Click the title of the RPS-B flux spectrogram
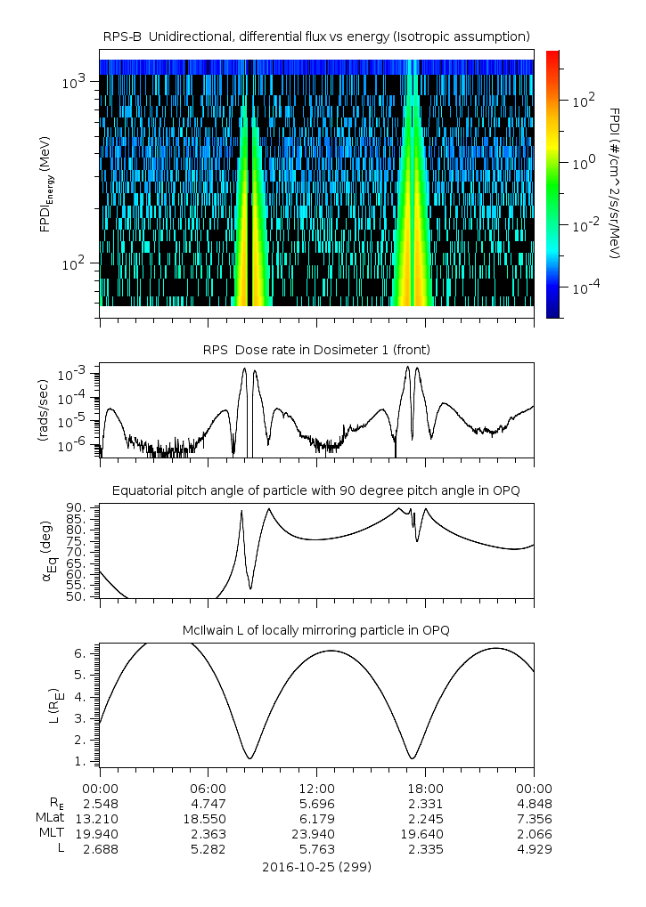point(316,36)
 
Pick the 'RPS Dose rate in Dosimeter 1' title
point(316,349)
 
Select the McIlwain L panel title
point(316,630)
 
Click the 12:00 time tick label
point(316,788)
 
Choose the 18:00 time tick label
point(425,788)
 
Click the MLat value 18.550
point(208,818)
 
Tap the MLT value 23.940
point(316,834)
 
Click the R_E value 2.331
point(425,803)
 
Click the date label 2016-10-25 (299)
point(316,866)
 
